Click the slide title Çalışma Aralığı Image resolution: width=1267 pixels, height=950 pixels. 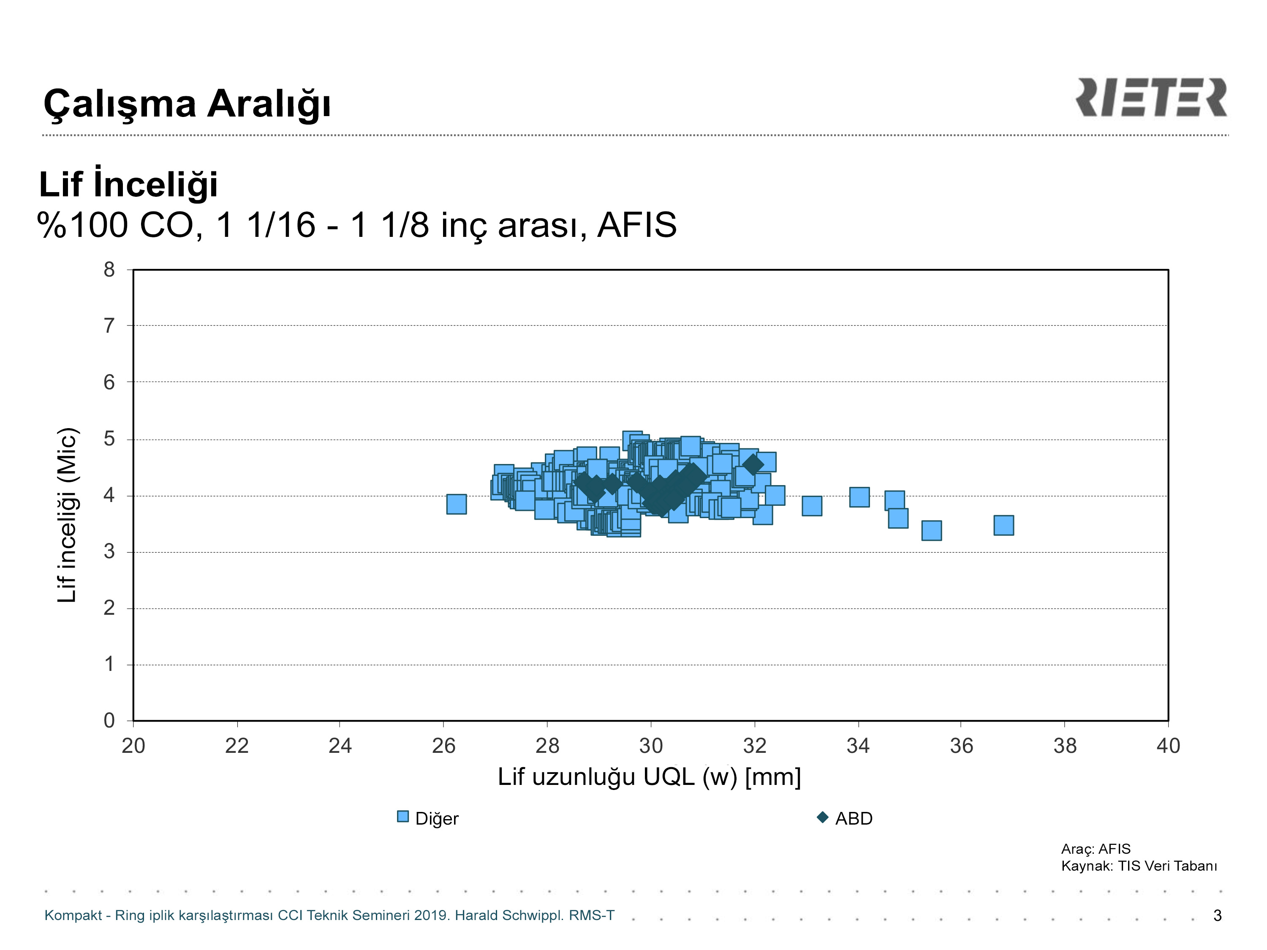point(187,104)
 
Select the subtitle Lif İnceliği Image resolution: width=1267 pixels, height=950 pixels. point(128,184)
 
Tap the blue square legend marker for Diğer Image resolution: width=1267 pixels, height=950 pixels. point(402,817)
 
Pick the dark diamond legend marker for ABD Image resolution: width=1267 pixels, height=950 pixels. point(823,817)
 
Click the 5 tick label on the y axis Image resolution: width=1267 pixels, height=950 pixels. point(109,439)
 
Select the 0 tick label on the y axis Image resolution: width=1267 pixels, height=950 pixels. point(109,720)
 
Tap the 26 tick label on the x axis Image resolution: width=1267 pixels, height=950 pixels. point(443,746)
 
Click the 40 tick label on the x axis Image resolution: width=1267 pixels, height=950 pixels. point(1168,746)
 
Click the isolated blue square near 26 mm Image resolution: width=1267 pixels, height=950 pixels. point(457,504)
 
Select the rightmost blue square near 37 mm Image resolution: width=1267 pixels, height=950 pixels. point(1003,525)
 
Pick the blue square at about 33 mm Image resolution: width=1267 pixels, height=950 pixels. point(812,506)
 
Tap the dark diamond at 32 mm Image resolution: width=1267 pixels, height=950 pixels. point(753,464)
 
